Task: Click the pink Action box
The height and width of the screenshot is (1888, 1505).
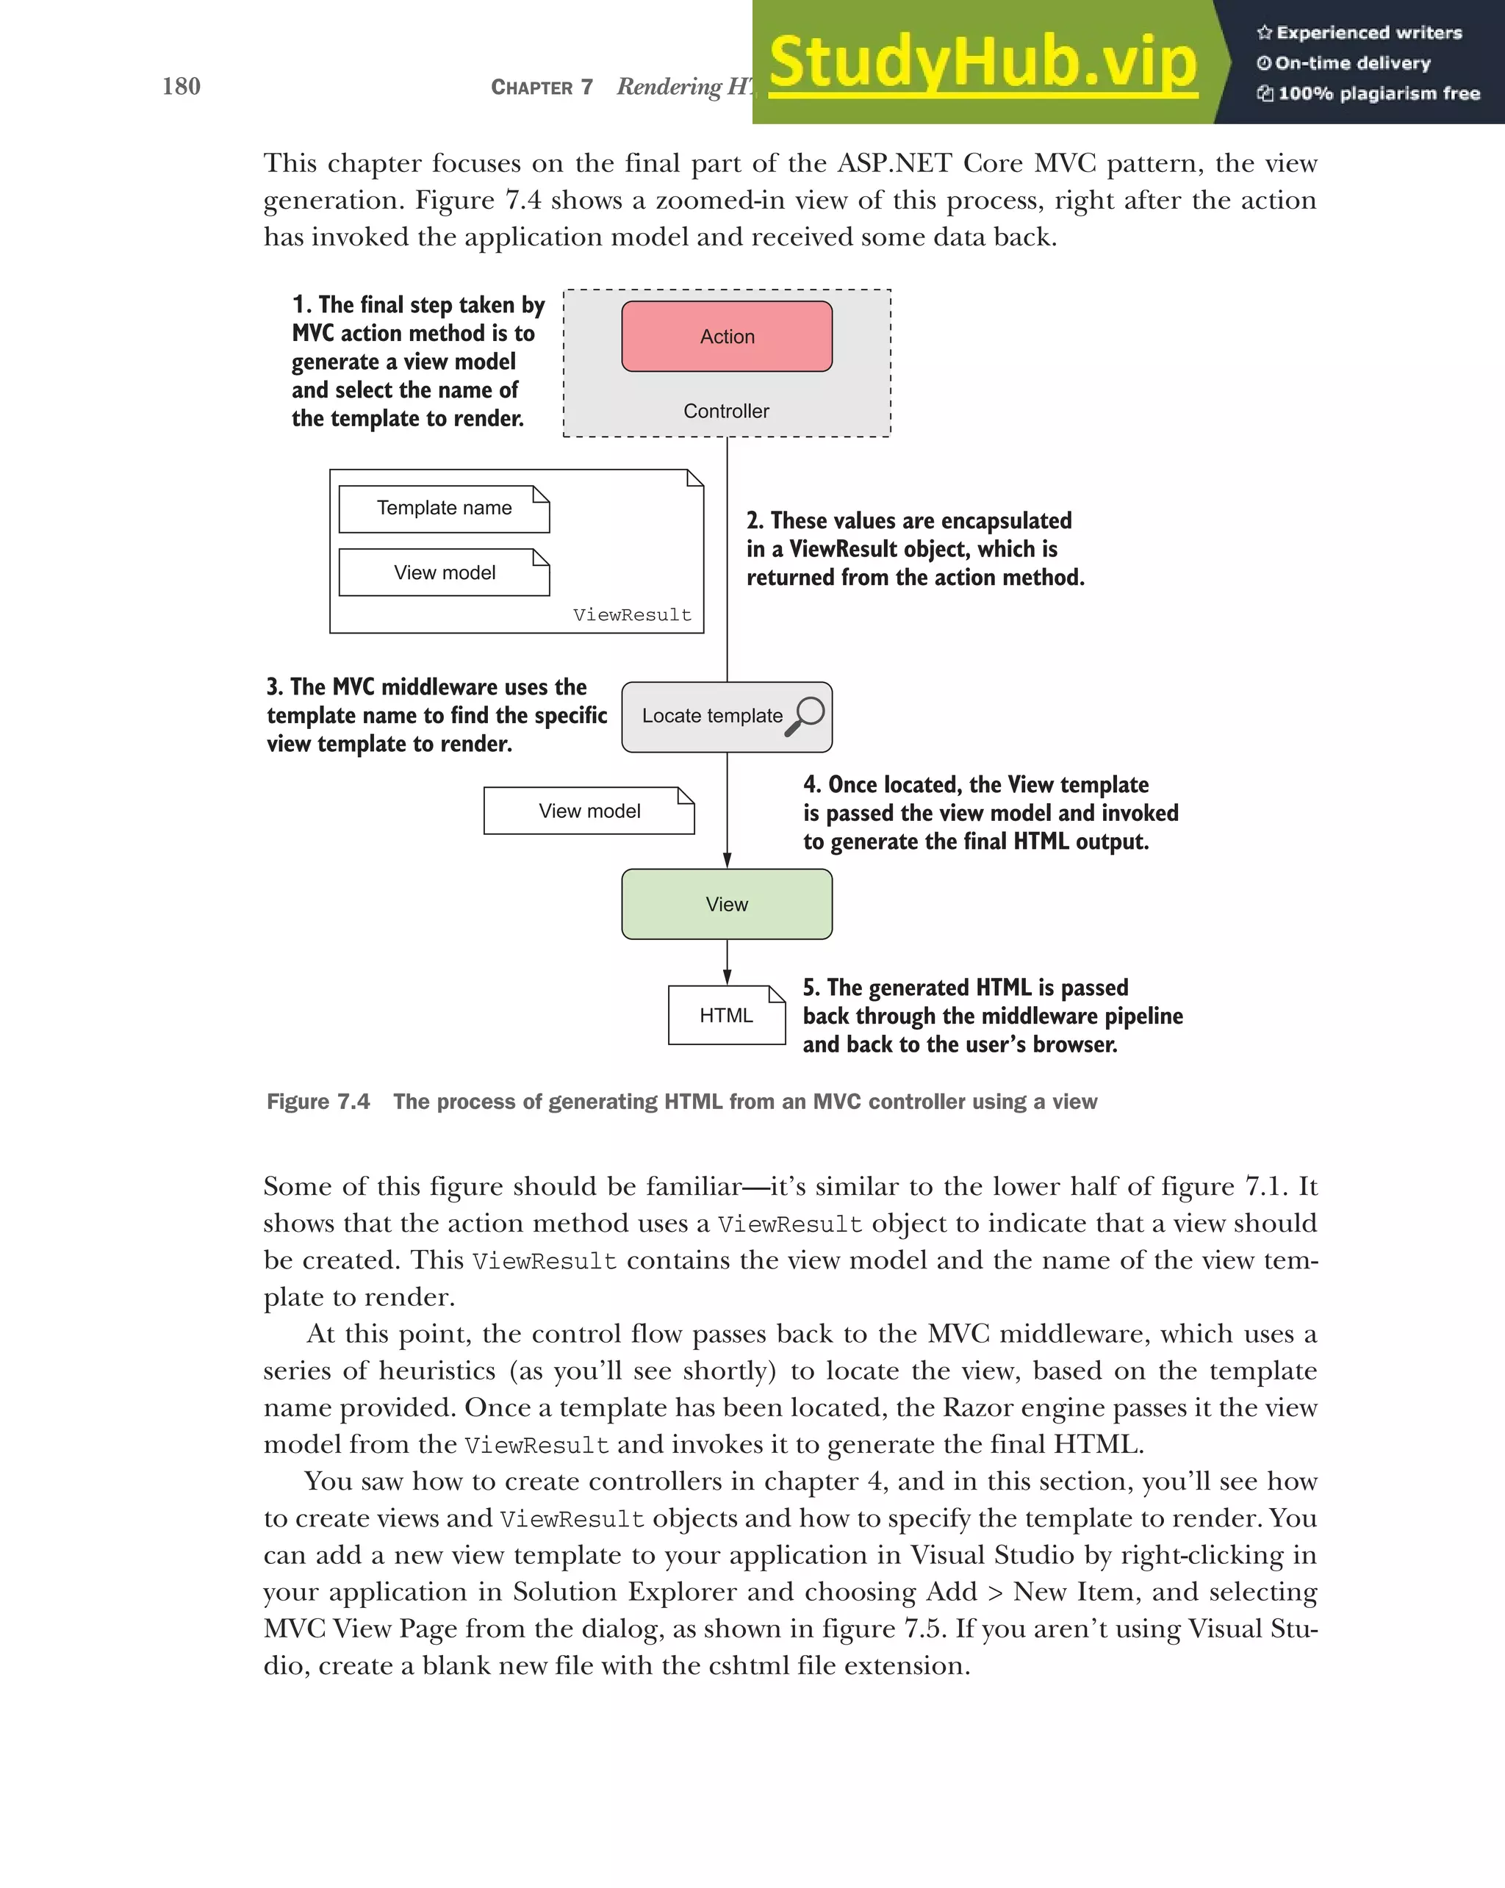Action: point(727,337)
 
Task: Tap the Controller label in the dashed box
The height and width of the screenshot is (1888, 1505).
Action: point(726,411)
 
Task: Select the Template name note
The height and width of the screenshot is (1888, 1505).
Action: point(444,509)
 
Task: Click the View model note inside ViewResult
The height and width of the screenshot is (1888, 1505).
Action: point(444,572)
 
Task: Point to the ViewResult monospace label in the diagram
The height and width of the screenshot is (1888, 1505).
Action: point(631,614)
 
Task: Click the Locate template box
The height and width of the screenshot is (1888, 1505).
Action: point(713,717)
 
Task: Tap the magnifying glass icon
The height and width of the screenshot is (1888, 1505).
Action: point(805,714)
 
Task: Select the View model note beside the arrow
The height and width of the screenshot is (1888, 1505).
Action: point(589,811)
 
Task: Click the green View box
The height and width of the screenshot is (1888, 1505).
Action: point(727,905)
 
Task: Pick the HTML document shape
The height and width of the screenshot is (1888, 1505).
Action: point(726,1015)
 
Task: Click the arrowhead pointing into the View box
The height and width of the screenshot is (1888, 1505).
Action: point(727,861)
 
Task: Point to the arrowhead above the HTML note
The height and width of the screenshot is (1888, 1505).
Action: point(727,977)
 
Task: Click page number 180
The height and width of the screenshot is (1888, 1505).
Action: point(182,86)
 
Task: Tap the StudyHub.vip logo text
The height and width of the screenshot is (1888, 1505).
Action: point(983,62)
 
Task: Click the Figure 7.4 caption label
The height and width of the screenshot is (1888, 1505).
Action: point(317,1102)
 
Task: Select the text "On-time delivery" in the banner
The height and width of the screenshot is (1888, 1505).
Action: point(1352,63)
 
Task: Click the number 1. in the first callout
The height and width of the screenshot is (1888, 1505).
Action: point(301,305)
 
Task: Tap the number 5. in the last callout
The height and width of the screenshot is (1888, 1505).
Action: point(811,988)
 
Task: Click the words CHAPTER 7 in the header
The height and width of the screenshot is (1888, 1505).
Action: point(541,87)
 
